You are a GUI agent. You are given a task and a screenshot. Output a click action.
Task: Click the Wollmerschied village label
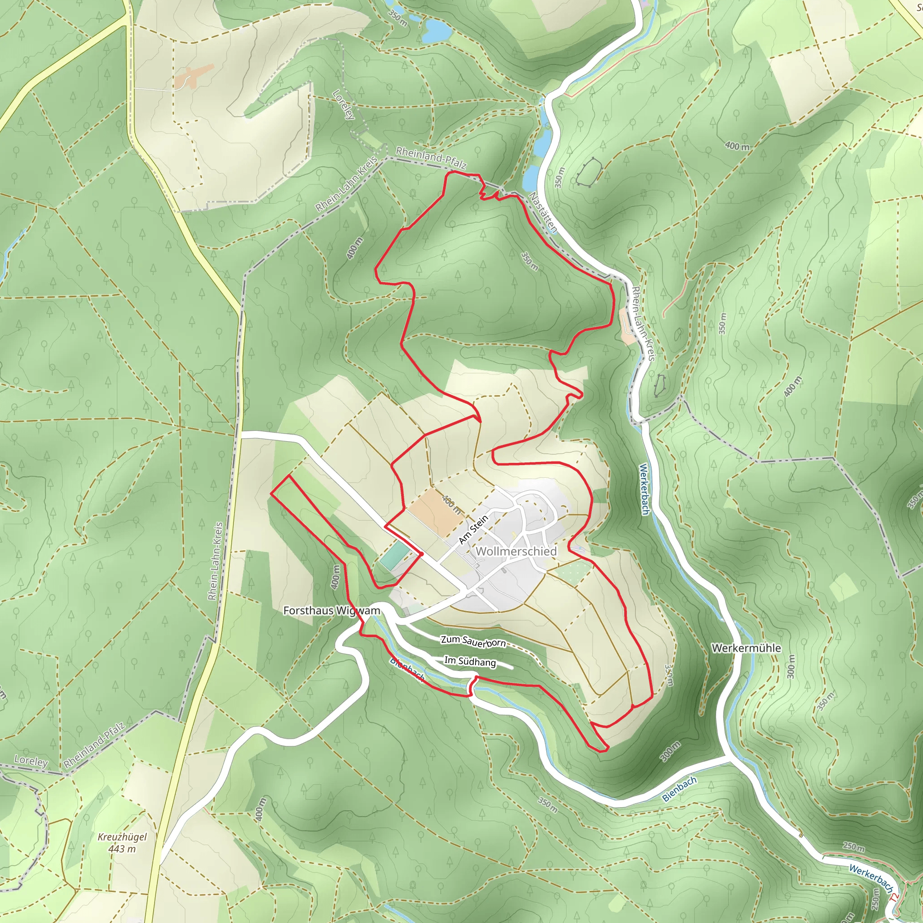[x=516, y=551]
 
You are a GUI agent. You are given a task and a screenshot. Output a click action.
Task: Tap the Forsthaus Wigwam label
[x=332, y=611]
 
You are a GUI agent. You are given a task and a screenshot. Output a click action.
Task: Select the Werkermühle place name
[x=746, y=648]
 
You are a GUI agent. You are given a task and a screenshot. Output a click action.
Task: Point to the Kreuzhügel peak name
[x=122, y=837]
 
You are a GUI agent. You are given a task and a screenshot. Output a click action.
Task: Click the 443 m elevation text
[x=122, y=849]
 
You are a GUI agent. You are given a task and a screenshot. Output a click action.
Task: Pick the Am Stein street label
[x=474, y=530]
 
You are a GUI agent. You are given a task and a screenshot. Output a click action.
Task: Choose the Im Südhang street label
[x=470, y=662]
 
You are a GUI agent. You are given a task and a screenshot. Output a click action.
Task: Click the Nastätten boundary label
[x=543, y=213]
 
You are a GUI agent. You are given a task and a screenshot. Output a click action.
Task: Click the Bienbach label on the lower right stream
[x=679, y=789]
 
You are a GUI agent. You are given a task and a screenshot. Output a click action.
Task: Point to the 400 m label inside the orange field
[x=451, y=504]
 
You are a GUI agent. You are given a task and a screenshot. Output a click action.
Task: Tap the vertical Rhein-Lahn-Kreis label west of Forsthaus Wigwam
[x=215, y=560]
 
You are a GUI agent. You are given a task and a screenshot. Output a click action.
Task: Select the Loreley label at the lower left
[x=31, y=761]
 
